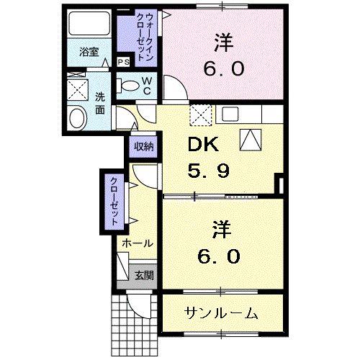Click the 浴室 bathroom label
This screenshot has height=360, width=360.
(89, 53)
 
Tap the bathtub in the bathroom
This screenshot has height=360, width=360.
(89, 25)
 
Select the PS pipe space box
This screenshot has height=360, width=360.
(123, 62)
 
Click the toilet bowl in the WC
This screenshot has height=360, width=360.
(131, 86)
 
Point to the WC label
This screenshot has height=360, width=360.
(146, 86)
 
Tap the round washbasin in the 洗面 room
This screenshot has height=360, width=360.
(76, 120)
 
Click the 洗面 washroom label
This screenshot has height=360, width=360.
(100, 104)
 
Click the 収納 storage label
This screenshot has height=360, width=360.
(143, 146)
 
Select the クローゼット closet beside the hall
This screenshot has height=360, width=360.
(114, 202)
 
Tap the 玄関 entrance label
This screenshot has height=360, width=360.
(143, 275)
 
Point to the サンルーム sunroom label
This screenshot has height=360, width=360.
(221, 313)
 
